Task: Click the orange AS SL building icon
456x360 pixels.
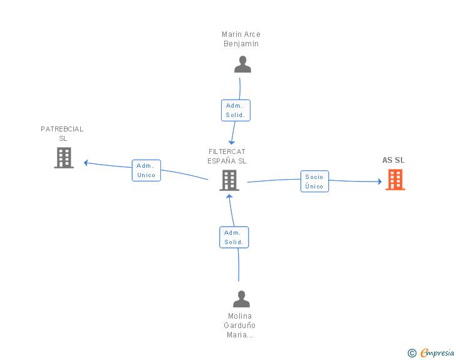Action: tap(395, 180)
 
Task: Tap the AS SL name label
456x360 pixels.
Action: tap(393, 160)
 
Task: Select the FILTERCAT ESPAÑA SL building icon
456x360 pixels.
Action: tap(229, 180)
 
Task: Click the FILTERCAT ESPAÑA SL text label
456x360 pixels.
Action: tap(227, 156)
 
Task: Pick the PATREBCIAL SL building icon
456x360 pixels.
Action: tap(64, 158)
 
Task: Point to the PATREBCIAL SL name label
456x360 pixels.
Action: tap(62, 133)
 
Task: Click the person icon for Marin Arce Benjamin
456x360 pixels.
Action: tap(242, 64)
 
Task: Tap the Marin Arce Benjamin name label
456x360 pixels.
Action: tap(241, 39)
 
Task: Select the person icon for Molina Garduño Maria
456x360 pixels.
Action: tap(241, 299)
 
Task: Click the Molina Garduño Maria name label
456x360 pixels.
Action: tap(240, 326)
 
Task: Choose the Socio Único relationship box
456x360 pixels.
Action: tap(314, 182)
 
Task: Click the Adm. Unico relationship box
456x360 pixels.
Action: tap(146, 170)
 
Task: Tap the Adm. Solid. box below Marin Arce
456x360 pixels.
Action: tap(236, 110)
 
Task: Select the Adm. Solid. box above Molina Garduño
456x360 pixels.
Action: tap(234, 237)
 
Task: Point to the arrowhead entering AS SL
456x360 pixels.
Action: tap(379, 182)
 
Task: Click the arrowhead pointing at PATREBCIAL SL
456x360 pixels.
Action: tap(86, 163)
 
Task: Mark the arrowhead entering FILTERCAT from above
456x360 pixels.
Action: tap(231, 142)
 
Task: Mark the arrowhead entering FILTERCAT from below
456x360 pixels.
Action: tap(229, 197)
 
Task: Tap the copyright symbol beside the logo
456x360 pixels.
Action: tap(412, 353)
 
